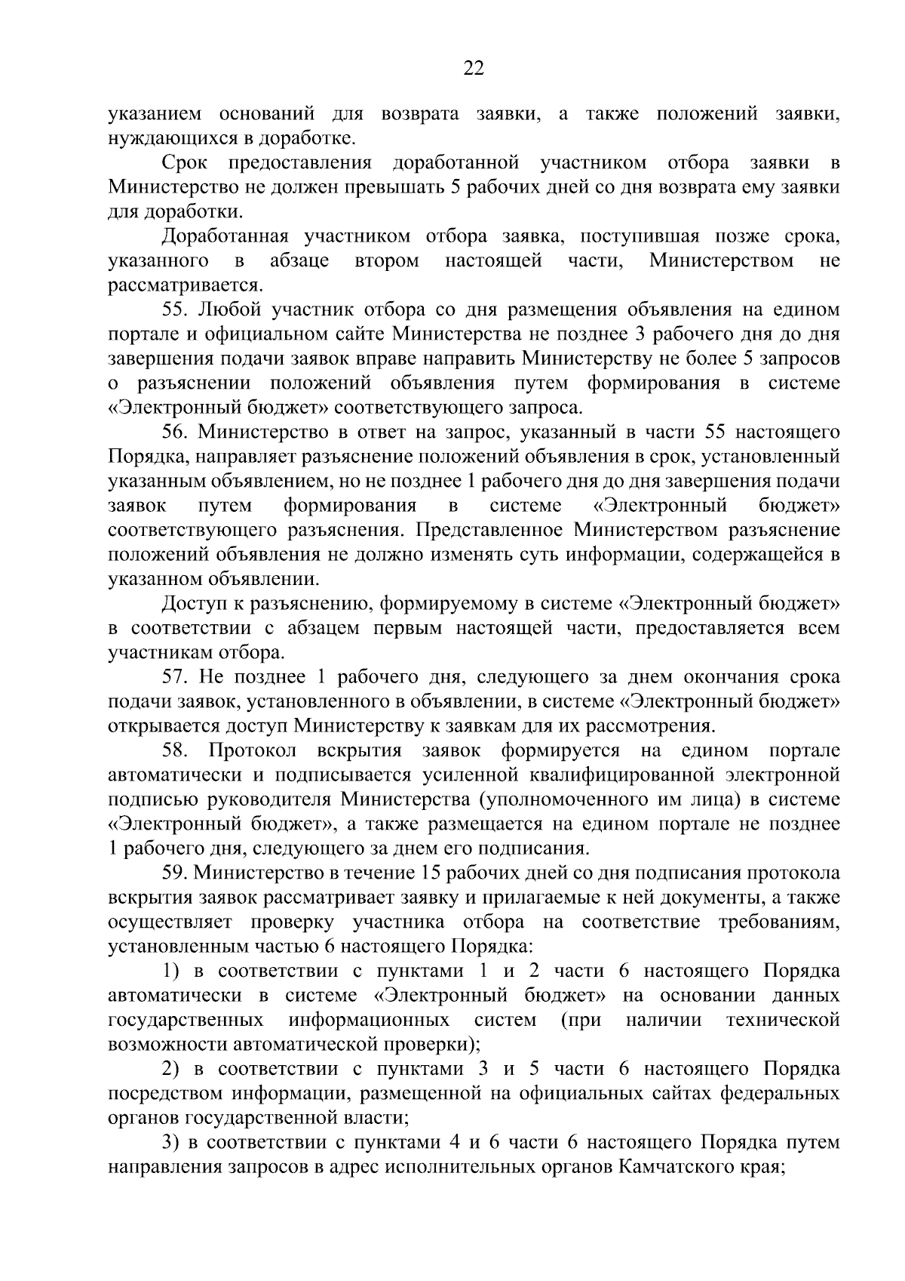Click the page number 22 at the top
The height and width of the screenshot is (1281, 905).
473,69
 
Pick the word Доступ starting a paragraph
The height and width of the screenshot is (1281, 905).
193,604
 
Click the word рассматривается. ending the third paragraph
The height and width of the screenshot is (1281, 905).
186,286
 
